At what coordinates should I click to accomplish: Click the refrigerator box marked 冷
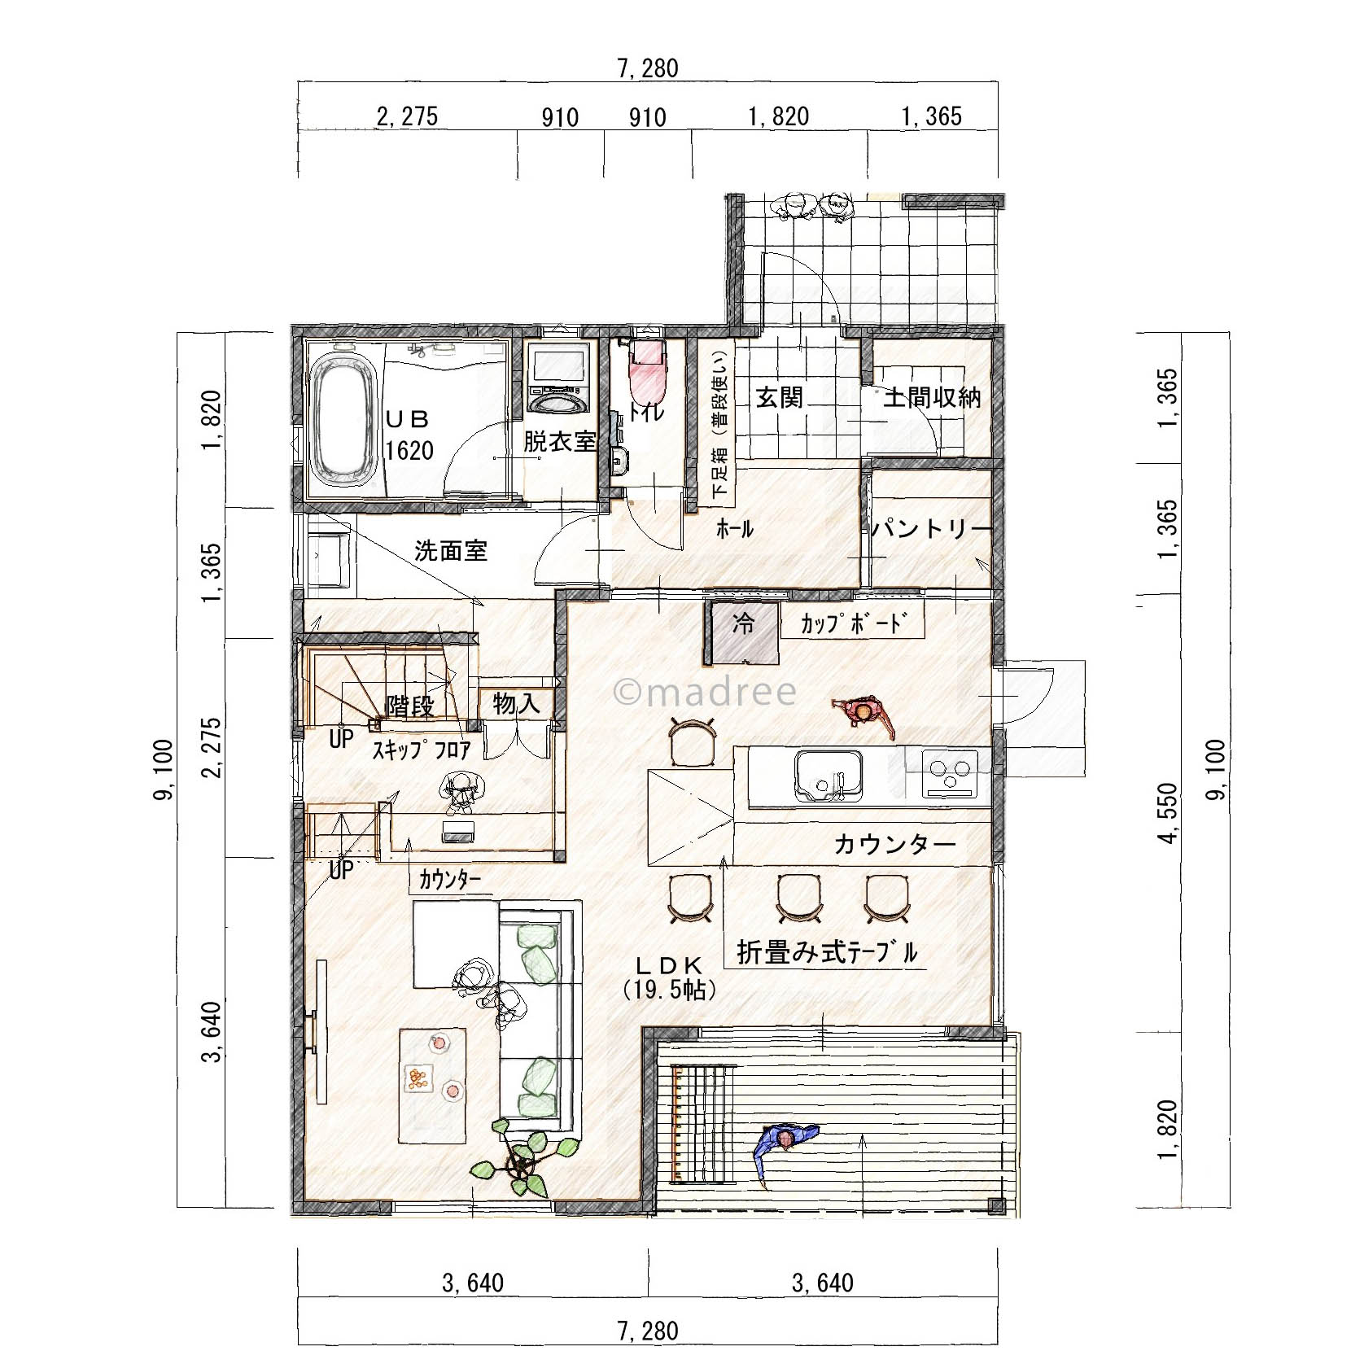[742, 632]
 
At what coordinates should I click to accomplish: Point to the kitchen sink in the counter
[829, 775]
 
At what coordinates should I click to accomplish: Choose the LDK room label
[670, 976]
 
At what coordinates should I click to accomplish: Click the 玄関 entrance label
[779, 397]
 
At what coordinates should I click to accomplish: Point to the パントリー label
[932, 530]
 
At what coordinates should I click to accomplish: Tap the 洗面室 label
[451, 551]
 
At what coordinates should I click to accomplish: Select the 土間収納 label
[932, 397]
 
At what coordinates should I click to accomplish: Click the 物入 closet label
[516, 704]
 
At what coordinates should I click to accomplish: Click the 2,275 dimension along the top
[407, 116]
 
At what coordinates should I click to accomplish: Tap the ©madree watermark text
[705, 692]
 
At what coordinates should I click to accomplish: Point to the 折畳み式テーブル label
[827, 951]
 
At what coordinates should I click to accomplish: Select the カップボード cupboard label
[852, 624]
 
